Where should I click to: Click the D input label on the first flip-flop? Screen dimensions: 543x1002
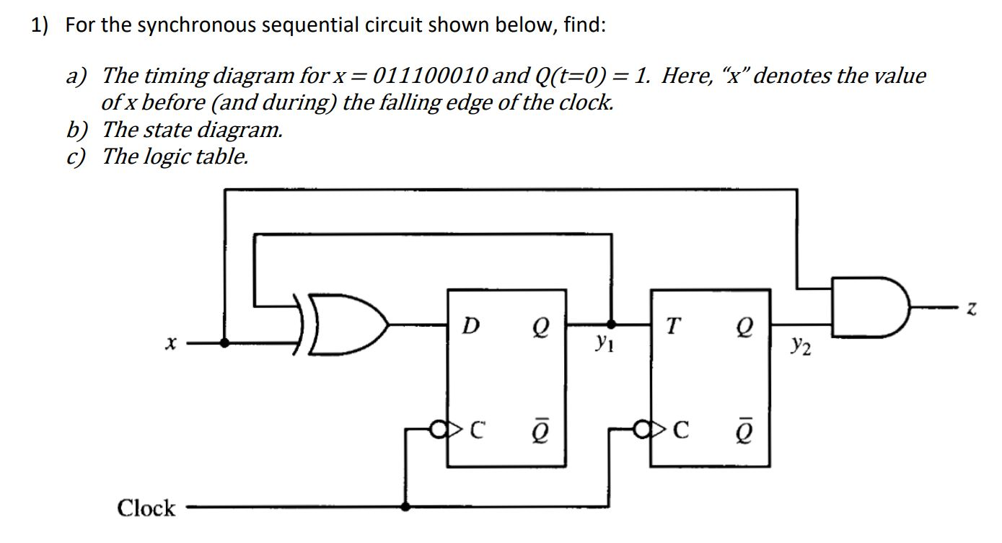pos(470,327)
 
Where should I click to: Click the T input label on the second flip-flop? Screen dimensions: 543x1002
pos(671,327)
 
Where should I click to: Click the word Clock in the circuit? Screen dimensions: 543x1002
pos(146,508)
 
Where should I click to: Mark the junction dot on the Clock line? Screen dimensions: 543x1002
pos(406,507)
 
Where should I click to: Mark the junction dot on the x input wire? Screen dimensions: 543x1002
pos(226,344)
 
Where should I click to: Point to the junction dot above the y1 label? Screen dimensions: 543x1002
pos(612,325)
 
